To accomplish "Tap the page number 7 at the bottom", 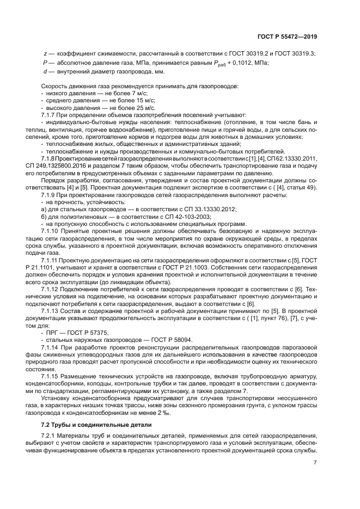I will tap(315, 463).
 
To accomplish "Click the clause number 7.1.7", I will tap(50, 115).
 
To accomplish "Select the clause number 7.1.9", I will tap(50, 194).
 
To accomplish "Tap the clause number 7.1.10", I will tap(52, 230).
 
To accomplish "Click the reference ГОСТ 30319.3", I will tap(293, 53).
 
